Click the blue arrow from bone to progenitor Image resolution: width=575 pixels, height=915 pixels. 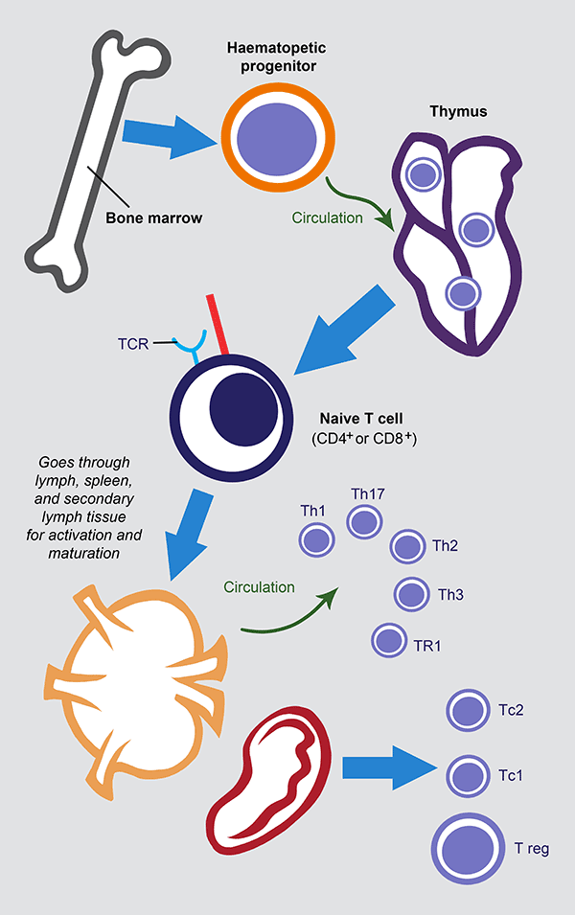169,135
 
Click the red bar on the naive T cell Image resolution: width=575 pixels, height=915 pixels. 217,327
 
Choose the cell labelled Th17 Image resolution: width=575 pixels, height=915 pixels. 364,522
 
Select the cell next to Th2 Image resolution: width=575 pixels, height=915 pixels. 406,547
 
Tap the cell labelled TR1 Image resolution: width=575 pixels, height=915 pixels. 388,639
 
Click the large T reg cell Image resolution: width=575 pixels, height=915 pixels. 467,848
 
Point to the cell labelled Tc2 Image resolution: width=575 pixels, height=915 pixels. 467,711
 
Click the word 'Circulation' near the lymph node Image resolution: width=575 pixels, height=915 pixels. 259,586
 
